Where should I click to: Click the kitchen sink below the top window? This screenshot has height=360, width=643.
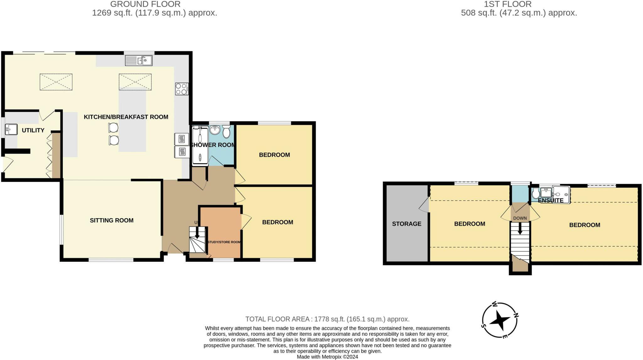point(139,60)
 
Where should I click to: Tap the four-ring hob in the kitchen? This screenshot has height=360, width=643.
point(181,89)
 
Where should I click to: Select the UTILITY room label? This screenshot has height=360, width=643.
point(33,130)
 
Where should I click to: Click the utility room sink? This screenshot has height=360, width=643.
point(11,129)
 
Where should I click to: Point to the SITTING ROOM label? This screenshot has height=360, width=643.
point(111,221)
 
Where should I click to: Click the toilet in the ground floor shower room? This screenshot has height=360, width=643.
point(226,132)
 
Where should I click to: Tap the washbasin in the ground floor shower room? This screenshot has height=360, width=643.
point(215,129)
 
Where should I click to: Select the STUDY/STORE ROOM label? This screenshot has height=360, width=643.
point(224,242)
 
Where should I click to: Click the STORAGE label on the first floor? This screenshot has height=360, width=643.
point(407,224)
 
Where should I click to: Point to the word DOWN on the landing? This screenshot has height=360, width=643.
point(520,218)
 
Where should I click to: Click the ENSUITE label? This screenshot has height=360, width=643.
point(550,200)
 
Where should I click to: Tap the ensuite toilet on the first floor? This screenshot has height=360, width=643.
point(536,194)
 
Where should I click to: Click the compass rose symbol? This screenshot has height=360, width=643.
point(500,320)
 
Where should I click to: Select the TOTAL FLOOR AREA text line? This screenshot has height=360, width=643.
point(327,319)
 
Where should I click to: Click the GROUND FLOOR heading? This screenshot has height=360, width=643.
point(145,4)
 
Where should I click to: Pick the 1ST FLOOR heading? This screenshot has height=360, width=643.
point(508,4)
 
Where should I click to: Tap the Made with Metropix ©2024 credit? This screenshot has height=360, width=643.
point(327,357)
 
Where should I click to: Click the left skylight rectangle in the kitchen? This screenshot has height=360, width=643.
point(56,82)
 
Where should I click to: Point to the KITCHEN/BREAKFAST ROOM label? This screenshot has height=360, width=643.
point(126,117)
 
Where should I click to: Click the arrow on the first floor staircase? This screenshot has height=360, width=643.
point(520,229)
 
